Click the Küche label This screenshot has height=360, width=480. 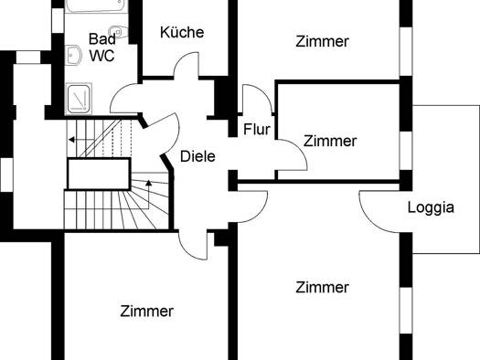[x=182, y=32]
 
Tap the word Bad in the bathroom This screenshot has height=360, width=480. [x=102, y=39]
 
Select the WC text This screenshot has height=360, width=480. [x=101, y=56]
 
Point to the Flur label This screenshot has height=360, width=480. [x=257, y=129]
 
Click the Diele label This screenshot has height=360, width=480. [x=197, y=156]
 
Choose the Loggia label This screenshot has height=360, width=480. [x=431, y=207]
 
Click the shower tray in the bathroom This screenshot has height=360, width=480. [x=79, y=99]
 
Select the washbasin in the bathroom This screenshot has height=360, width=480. [x=73, y=55]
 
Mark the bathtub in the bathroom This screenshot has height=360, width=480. [x=96, y=5]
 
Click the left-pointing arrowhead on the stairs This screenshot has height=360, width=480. [x=71, y=140]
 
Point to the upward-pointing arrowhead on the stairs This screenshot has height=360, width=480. [x=149, y=183]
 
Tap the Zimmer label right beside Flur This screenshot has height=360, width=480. [x=330, y=141]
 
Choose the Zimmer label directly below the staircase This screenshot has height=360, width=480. [x=147, y=311]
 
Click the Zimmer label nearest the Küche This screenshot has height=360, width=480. [x=323, y=41]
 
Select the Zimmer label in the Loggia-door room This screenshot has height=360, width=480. [x=323, y=287]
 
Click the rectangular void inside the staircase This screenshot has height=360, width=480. [x=99, y=174]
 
